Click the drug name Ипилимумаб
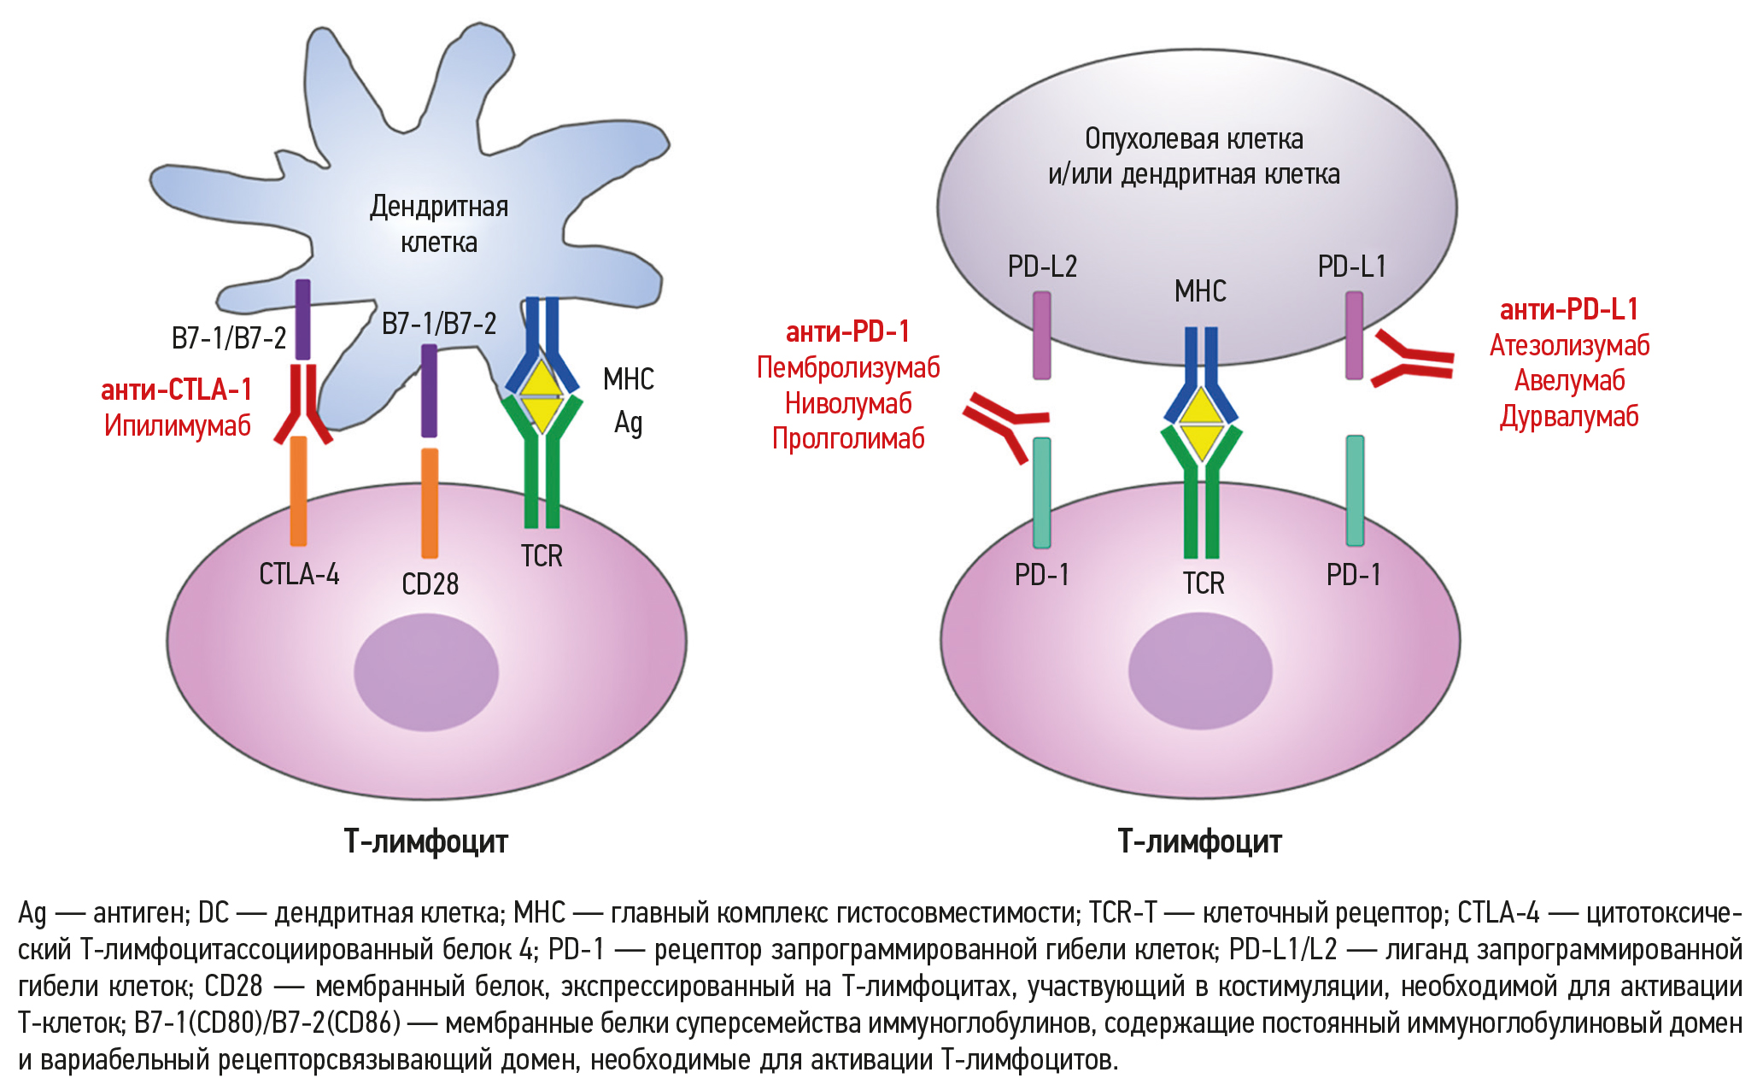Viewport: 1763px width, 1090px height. click(x=178, y=425)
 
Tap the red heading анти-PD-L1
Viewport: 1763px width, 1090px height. click(x=1568, y=309)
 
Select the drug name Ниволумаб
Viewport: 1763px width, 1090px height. click(x=848, y=403)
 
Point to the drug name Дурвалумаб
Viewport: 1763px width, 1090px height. click(x=1569, y=417)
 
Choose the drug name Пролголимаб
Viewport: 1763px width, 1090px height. click(x=848, y=438)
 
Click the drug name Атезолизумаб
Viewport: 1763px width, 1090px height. click(x=1569, y=345)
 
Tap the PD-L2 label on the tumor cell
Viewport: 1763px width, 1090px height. click(x=1042, y=267)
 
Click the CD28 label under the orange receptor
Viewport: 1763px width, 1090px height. click(x=430, y=584)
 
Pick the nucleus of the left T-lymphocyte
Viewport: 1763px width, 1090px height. click(x=426, y=671)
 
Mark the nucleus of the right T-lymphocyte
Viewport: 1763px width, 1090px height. click(x=1200, y=671)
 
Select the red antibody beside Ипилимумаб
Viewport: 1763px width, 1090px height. click(x=303, y=406)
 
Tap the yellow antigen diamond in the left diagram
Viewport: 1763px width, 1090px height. click(x=542, y=396)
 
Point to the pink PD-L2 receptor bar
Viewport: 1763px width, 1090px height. click(x=1042, y=335)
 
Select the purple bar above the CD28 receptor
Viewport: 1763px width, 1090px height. click(x=430, y=390)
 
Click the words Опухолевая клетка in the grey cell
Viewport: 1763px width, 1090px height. click(x=1193, y=138)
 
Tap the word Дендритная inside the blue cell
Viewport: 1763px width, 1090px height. click(x=439, y=207)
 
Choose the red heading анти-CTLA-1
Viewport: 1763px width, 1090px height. click(x=177, y=390)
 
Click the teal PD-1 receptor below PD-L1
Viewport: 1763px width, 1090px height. click(x=1355, y=490)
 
